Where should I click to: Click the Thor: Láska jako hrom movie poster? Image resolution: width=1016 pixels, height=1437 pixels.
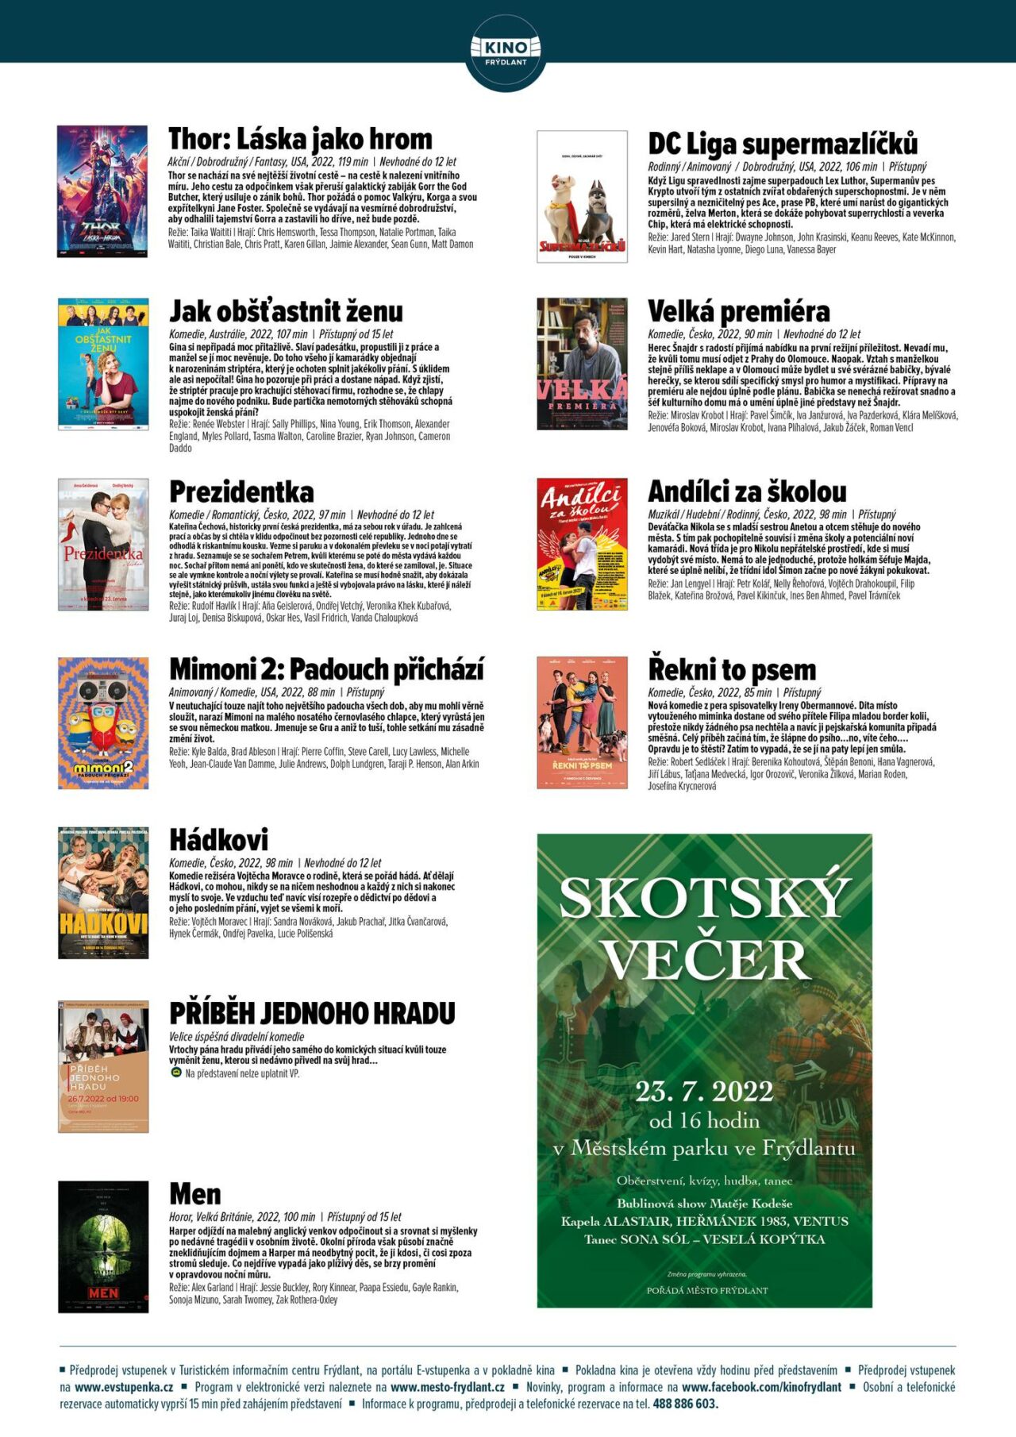pos(102,191)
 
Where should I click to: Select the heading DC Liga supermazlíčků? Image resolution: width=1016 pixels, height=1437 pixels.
pos(783,144)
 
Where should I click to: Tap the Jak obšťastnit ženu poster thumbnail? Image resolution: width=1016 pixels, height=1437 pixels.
pos(103,364)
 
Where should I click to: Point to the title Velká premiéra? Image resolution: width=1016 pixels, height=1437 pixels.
pos(738,311)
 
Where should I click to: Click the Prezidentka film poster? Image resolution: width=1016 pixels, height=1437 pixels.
pos(103,545)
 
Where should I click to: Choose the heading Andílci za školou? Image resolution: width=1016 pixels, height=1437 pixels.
pos(747,491)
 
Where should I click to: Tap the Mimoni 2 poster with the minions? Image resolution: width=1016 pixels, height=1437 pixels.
pos(103,722)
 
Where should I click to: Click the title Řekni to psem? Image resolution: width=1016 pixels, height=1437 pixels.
pos(732,670)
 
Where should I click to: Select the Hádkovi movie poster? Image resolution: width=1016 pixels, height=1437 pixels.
pos(103,892)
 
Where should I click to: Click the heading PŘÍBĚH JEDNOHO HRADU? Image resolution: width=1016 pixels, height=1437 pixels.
pos(312,1014)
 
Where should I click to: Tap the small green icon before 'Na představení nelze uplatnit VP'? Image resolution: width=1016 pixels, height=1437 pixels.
pos(176,1073)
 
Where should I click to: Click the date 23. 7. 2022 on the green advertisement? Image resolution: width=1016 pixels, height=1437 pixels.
pos(704,1092)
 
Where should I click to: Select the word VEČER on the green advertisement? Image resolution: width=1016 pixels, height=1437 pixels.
pos(705,960)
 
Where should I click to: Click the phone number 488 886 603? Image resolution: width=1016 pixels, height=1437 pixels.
pos(685,1404)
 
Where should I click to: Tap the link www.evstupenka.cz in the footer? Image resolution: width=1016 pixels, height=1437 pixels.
pos(124,1387)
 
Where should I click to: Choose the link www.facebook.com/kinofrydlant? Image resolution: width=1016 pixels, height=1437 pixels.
pos(761,1387)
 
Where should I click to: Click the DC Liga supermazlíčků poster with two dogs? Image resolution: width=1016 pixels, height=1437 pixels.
pos(582,196)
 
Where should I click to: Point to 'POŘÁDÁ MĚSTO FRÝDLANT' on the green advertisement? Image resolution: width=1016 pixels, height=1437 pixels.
pos(706,1290)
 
